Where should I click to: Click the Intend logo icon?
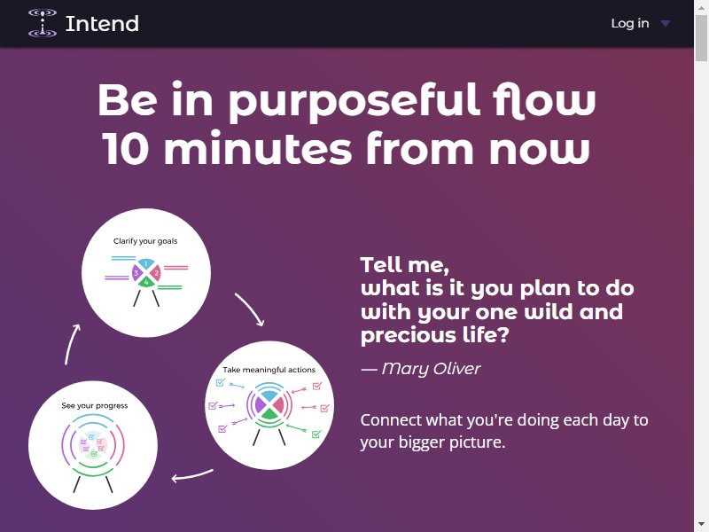click(43, 23)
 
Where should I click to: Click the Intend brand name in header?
click(102, 24)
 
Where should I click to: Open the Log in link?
click(630, 23)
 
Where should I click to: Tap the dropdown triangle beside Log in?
click(666, 24)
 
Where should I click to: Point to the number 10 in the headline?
click(125, 148)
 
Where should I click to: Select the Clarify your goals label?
click(145, 241)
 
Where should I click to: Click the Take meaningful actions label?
click(269, 370)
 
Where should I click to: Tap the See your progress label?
click(95, 406)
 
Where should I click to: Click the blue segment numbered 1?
click(145, 264)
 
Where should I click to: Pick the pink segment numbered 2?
click(156, 273)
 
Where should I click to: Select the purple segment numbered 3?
click(136, 273)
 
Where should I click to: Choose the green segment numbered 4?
click(146, 282)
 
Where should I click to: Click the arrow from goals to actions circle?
click(251, 307)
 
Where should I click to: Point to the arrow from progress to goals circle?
click(70, 343)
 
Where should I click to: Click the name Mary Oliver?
click(431, 369)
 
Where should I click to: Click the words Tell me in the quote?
click(404, 264)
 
